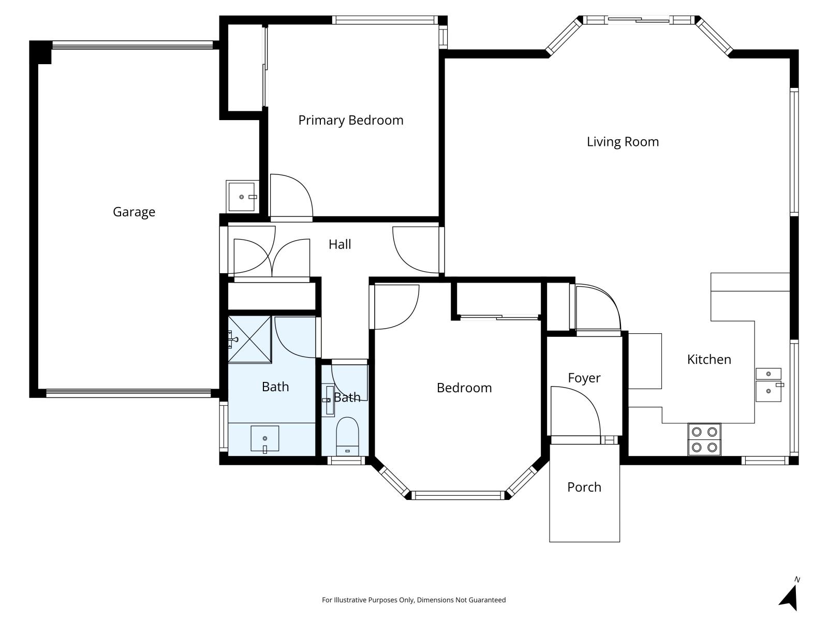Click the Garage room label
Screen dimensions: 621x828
point(134,212)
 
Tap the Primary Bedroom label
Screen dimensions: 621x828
point(350,120)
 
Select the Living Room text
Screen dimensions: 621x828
point(623,142)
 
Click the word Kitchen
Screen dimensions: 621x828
point(708,359)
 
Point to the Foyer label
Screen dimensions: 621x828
point(584,378)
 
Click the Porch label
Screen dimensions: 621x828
point(584,487)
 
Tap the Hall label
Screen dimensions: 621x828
point(339,244)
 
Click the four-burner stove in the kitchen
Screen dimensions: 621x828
point(704,439)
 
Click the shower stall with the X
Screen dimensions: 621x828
point(250,339)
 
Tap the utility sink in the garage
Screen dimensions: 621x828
point(242,197)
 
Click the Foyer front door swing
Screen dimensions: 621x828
point(574,411)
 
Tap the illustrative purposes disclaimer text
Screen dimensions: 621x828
point(413,600)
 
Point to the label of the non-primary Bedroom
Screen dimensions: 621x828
point(464,388)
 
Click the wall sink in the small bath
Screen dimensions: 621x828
point(329,401)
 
